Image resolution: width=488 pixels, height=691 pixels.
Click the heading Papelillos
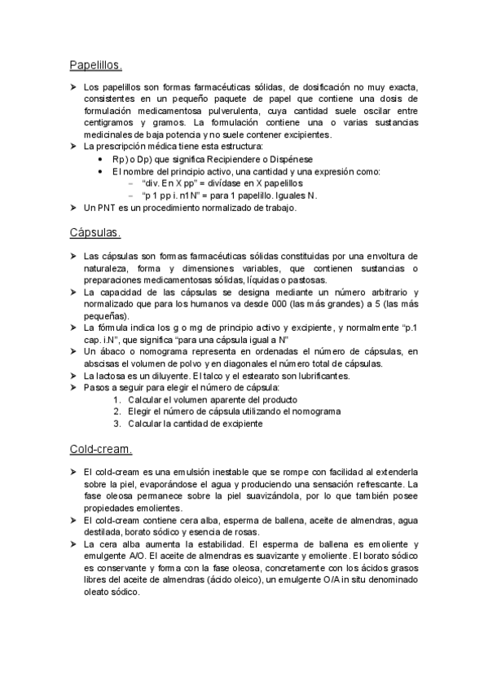(x=95, y=65)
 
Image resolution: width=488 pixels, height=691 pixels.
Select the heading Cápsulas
(x=95, y=232)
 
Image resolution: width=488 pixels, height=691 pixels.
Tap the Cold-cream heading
(x=100, y=449)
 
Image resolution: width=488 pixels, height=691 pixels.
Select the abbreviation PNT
(x=112, y=208)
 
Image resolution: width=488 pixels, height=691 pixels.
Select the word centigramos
(x=110, y=122)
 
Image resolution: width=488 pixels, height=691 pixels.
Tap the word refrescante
(x=379, y=485)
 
